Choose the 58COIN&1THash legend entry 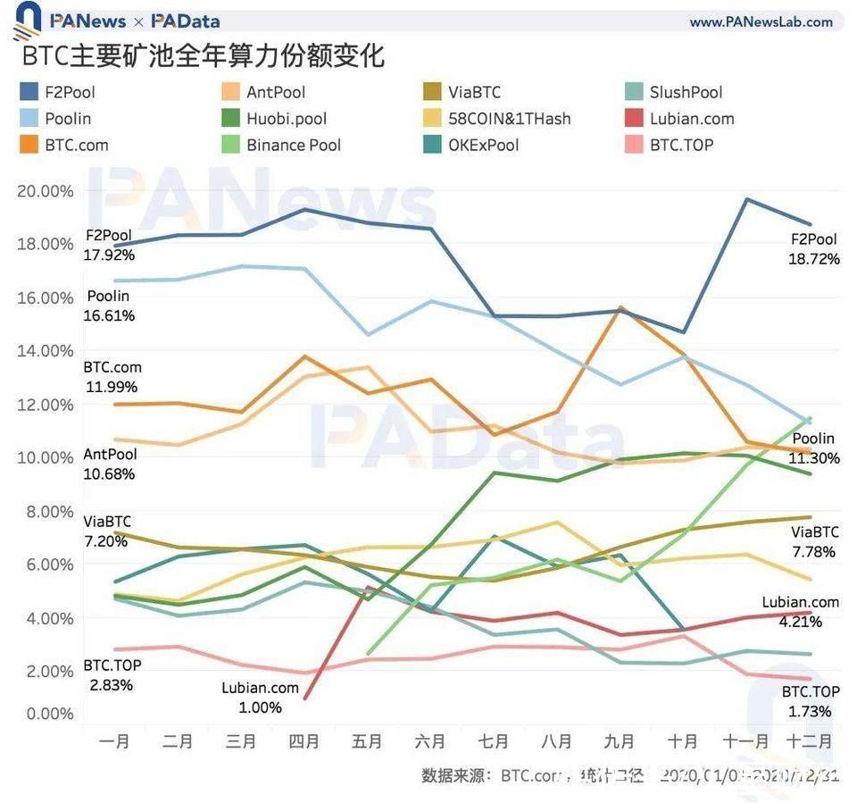coord(510,119)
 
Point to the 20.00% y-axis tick coord(45,191)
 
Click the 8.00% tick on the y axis coord(45,512)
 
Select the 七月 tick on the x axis coord(494,741)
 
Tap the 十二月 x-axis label coord(809,741)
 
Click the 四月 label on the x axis coord(304,741)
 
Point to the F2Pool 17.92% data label coord(109,246)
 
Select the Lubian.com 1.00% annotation coord(260,698)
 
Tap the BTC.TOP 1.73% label coord(811,702)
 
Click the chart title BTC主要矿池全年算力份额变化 coord(203,56)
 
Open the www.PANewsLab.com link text coord(761,21)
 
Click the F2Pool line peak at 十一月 coord(746,199)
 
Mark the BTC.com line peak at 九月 coord(620,308)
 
